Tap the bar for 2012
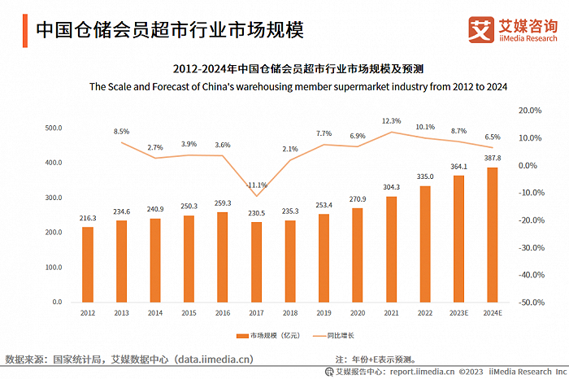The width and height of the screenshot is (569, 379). [87, 264]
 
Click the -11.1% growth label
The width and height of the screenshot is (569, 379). [258, 184]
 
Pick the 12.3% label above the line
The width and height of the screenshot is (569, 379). [392, 121]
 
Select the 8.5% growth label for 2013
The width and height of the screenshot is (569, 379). [122, 131]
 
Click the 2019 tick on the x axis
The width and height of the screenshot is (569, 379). [324, 311]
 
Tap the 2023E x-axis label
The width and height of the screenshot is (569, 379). [458, 311]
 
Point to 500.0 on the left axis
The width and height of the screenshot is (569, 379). [54, 128]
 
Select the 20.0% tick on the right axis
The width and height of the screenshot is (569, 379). [531, 110]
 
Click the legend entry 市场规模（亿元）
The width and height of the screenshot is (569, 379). [267, 335]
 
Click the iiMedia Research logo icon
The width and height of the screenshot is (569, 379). [481, 29]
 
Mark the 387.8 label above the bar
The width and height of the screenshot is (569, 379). [491, 159]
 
